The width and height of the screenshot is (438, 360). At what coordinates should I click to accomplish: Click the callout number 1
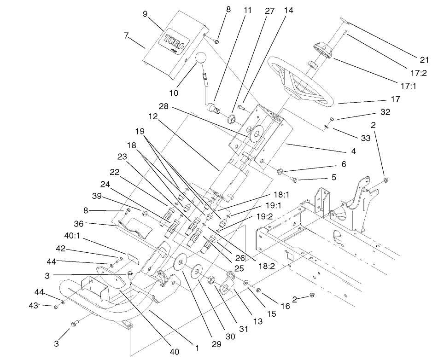pyautogui.click(x=197, y=348)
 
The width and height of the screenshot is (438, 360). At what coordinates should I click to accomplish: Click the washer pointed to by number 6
pyautogui.click(x=280, y=172)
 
